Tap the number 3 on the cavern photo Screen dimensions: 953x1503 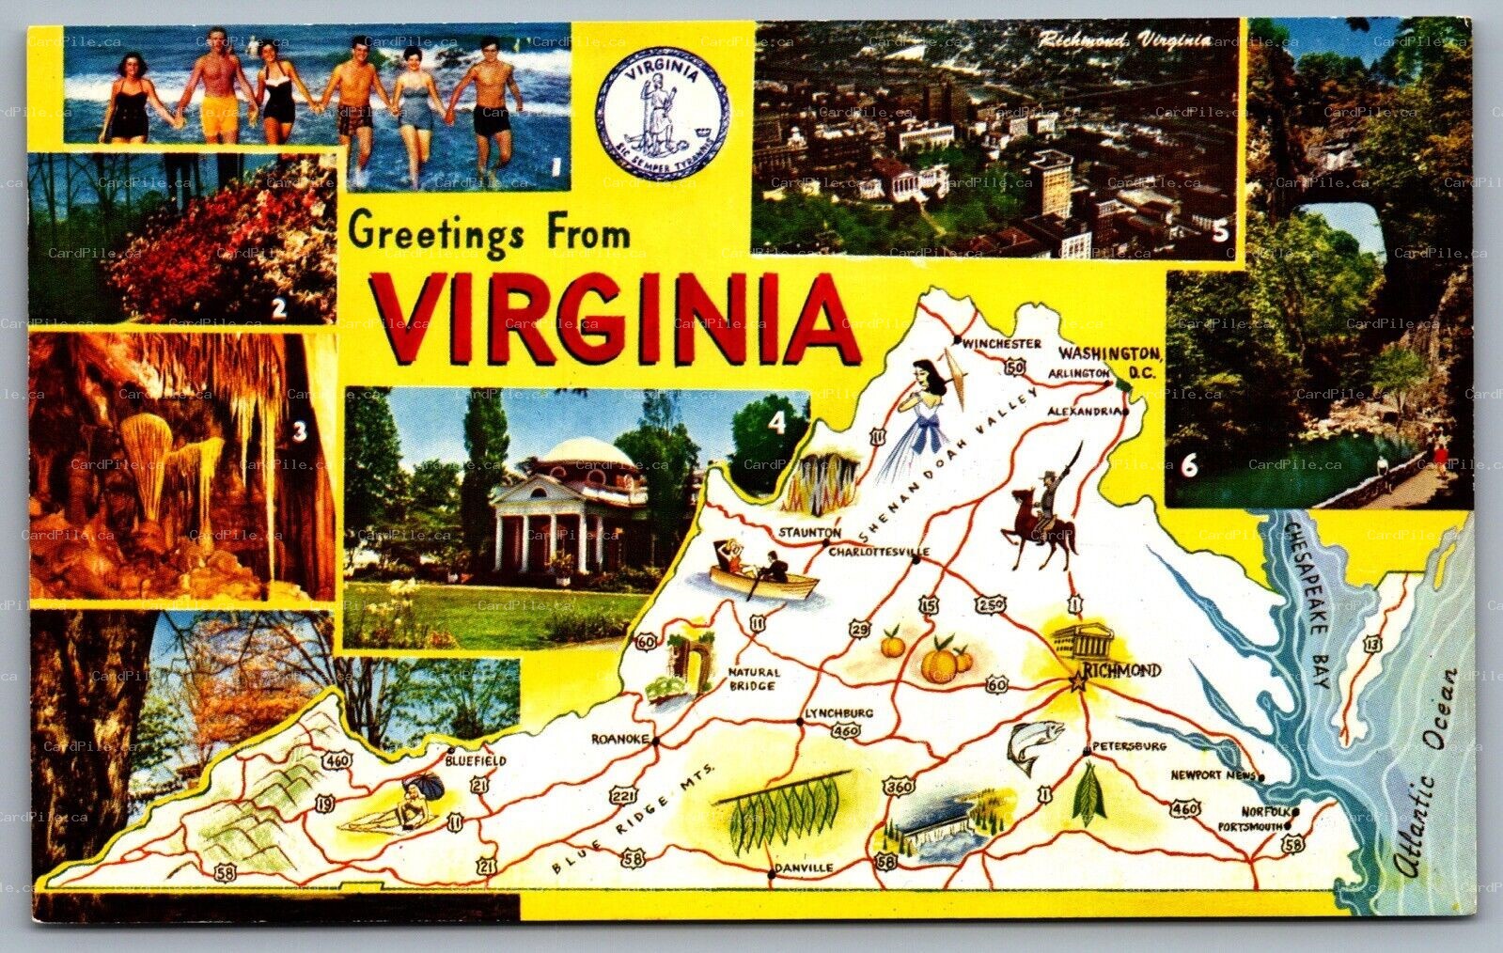coord(300,431)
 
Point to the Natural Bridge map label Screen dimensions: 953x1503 coord(752,679)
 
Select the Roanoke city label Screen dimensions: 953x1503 coord(618,739)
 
